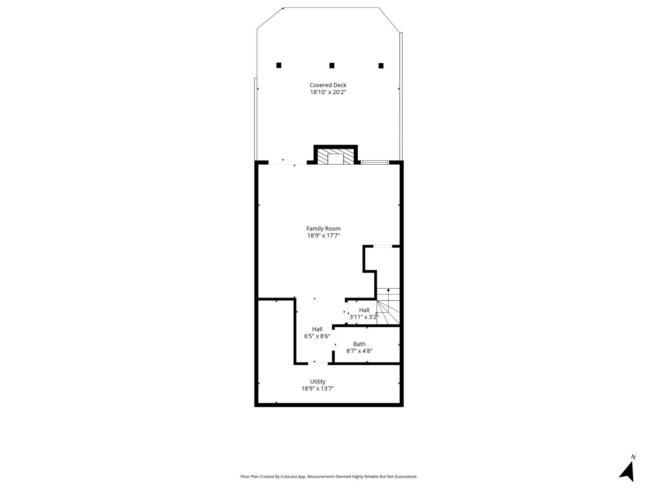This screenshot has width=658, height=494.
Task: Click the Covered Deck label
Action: coord(328,85)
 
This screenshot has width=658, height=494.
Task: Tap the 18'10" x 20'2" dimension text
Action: coord(328,92)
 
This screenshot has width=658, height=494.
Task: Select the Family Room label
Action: coord(324,229)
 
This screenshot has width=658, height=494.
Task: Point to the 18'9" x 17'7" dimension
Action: coord(324,236)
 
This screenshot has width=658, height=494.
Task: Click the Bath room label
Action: coord(359,344)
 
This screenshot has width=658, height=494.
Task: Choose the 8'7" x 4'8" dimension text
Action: coord(359,351)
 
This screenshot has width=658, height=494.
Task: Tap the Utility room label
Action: coord(318,382)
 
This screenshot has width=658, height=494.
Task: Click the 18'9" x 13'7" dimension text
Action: coord(318,389)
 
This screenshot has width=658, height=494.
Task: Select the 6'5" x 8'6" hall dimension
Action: coord(317,336)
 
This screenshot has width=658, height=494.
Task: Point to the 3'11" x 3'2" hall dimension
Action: coord(364,317)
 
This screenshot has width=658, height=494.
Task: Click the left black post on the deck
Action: coord(279,65)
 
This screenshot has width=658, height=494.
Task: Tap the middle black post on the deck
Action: coord(332,66)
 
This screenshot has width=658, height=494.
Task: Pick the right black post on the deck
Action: coord(381,66)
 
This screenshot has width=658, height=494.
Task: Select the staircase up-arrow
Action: coord(388,300)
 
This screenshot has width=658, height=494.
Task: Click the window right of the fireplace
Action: coord(375,162)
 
